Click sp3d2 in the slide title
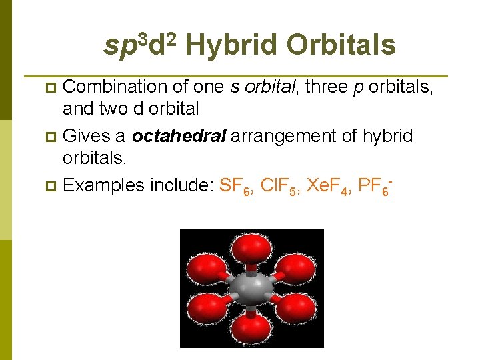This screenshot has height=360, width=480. point(141,44)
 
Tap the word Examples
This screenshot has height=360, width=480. point(103,185)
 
